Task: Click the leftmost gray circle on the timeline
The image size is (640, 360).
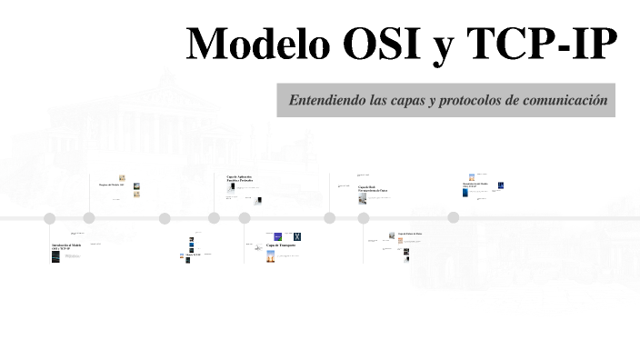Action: point(50,218)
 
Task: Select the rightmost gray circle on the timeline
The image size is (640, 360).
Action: point(454,218)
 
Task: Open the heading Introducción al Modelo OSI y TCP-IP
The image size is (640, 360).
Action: point(66,246)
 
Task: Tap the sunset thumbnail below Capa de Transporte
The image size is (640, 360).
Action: point(271,257)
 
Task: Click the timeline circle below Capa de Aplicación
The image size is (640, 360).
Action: point(245,218)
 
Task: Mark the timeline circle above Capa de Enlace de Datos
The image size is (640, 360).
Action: point(364,218)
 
